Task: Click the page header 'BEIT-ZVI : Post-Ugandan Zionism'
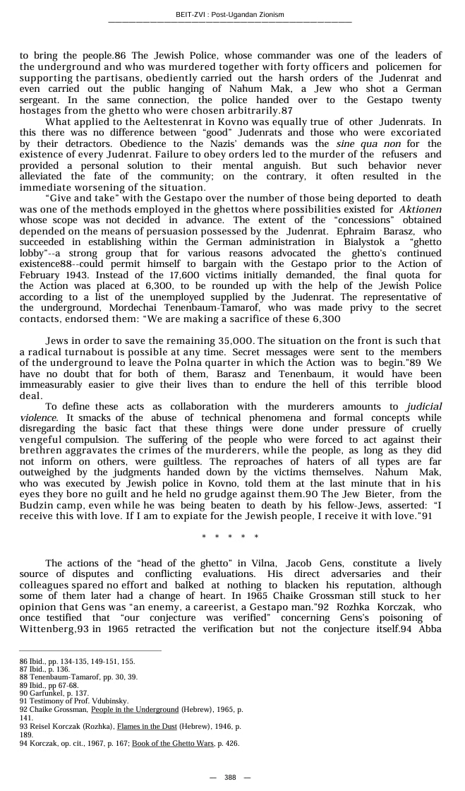(x=230, y=15)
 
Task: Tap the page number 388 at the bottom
(x=230, y=777)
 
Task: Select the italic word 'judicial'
(x=423, y=407)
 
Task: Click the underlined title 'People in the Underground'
(x=135, y=709)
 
